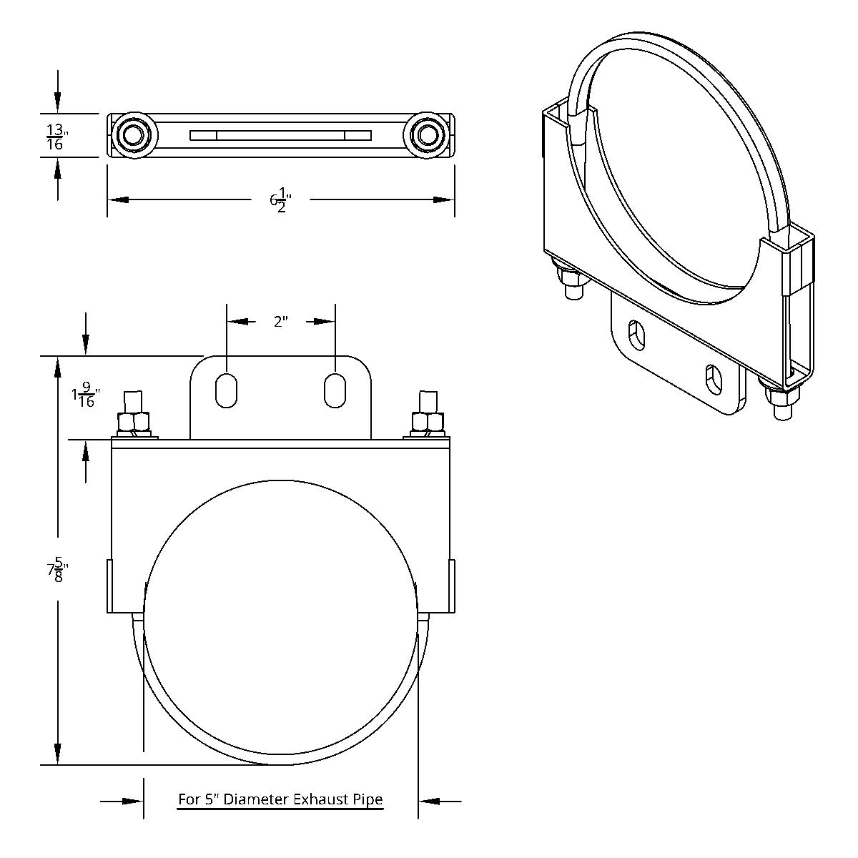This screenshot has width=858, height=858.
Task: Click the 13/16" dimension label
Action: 55,136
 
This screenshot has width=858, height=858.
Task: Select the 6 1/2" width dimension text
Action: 281,200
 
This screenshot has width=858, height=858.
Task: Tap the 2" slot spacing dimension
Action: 280,322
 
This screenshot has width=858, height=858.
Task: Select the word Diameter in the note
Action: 250,800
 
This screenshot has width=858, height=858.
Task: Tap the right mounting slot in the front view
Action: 335,390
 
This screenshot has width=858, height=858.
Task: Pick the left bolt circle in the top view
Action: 133,134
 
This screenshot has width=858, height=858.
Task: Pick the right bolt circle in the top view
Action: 428,134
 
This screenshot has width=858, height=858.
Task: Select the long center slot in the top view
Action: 280,135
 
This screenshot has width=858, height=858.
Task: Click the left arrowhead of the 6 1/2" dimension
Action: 118,200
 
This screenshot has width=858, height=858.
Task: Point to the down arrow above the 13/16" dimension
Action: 57,100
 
